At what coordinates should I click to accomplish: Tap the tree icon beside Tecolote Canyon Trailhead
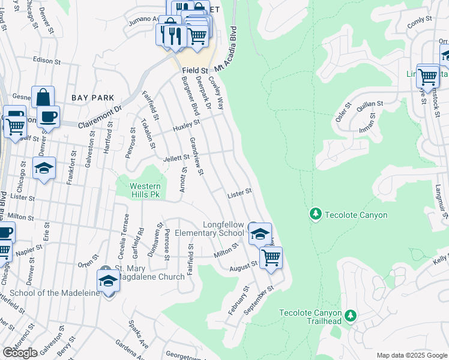coord(351,314)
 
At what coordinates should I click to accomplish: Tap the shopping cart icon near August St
coord(271,258)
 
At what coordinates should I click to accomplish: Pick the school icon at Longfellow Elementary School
coord(260,233)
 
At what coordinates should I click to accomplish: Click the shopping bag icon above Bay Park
coord(43,97)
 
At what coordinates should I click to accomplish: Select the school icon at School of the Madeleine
coord(108,280)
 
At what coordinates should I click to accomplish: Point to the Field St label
coord(194,71)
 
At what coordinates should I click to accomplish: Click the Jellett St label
coord(176,158)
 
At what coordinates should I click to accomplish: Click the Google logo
coord(20,353)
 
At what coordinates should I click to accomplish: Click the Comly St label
coord(419,22)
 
